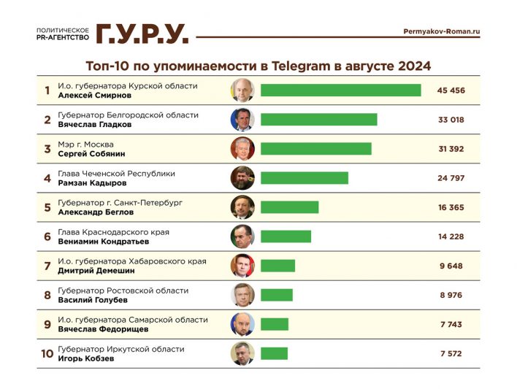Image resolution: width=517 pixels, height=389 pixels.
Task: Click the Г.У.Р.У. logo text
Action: click(x=142, y=33)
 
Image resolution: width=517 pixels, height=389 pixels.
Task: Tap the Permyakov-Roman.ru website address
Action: click(x=441, y=31)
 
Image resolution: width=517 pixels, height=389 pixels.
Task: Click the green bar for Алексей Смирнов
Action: click(x=340, y=90)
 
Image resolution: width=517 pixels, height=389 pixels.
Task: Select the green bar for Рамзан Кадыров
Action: click(x=304, y=178)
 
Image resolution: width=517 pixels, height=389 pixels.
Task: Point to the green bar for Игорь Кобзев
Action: click(x=274, y=353)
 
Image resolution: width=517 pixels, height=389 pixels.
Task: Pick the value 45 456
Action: click(x=451, y=90)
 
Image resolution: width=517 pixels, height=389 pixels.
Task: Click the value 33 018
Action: click(x=451, y=120)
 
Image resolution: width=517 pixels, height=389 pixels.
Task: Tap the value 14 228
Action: click(x=451, y=236)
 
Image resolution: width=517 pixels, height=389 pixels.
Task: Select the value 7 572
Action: click(x=451, y=353)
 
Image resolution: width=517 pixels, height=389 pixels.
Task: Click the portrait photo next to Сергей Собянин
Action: click(x=242, y=149)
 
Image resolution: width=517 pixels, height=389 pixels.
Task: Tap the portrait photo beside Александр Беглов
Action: click(x=242, y=207)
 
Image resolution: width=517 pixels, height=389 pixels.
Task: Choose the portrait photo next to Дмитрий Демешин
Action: click(x=242, y=266)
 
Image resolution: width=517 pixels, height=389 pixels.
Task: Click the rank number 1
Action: click(x=47, y=90)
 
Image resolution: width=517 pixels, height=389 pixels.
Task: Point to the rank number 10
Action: click(x=47, y=353)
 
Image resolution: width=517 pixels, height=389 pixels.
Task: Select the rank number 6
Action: click(x=47, y=236)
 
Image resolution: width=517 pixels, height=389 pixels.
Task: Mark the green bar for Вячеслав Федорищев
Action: click(x=275, y=324)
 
